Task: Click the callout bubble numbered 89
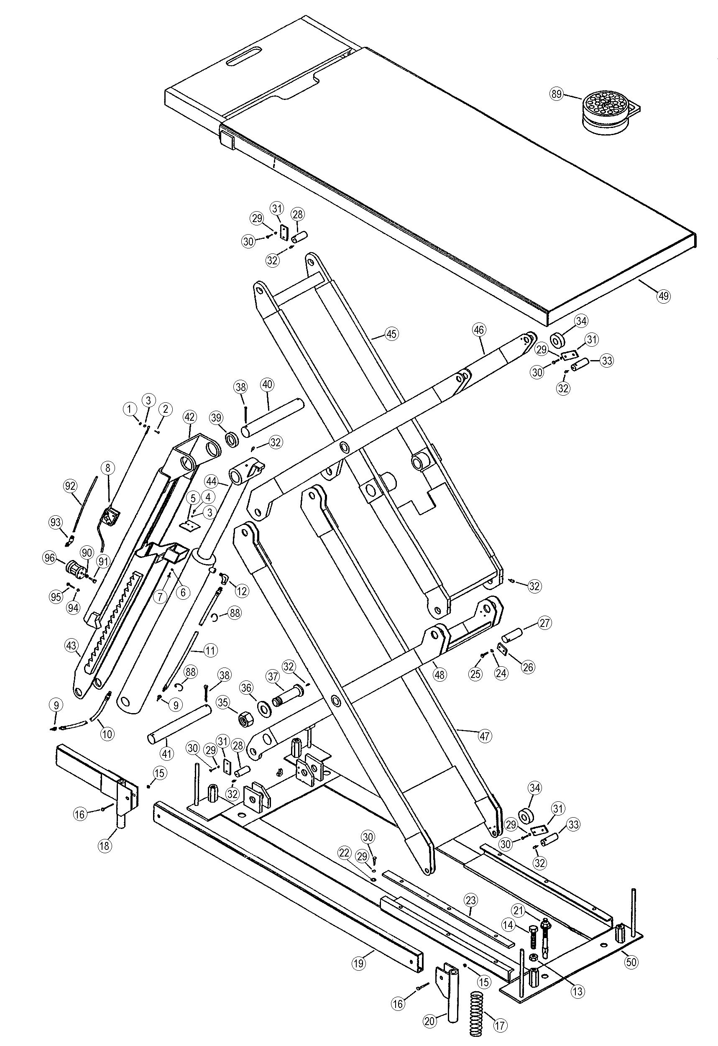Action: (557, 94)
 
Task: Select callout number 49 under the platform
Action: (663, 296)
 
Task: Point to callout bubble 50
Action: (631, 962)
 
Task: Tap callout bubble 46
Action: (478, 330)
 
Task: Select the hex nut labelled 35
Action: (247, 720)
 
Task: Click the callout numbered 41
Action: (167, 753)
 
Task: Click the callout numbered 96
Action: (49, 558)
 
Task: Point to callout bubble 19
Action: (358, 963)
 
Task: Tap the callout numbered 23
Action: (470, 900)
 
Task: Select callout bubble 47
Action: (484, 736)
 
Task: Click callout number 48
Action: (439, 674)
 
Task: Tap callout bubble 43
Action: (71, 645)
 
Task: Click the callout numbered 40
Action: (267, 385)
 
